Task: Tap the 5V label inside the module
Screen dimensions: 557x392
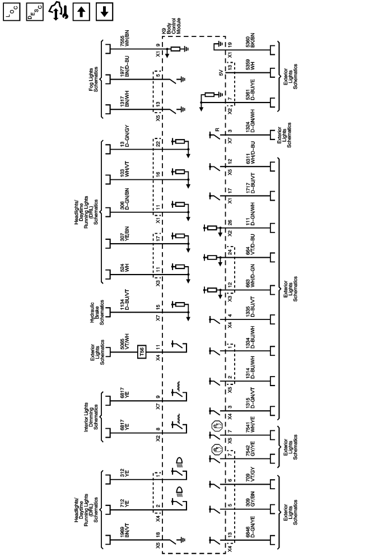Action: (222, 72)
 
